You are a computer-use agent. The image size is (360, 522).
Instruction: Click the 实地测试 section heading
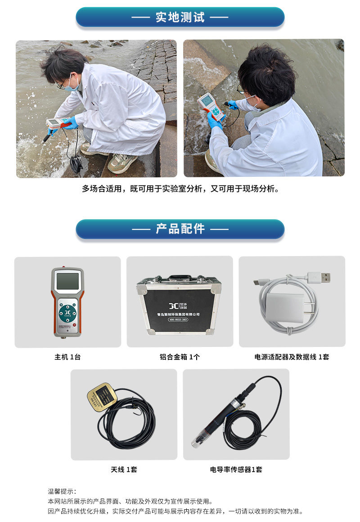click(x=180, y=18)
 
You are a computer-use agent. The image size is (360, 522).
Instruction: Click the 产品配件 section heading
click(x=180, y=229)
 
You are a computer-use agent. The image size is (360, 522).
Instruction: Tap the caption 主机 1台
click(x=67, y=357)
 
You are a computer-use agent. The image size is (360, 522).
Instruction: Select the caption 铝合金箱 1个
click(x=180, y=357)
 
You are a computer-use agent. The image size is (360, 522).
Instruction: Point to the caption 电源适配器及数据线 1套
click(x=292, y=357)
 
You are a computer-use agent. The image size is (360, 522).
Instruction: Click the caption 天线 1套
click(x=124, y=469)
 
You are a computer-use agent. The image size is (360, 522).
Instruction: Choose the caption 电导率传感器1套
click(x=236, y=469)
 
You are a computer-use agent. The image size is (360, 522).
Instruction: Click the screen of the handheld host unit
click(x=67, y=282)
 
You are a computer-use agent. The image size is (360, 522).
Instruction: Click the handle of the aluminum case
click(x=179, y=277)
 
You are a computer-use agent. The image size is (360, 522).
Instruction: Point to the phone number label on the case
click(x=178, y=319)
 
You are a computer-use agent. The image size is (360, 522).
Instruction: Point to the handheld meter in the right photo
click(x=211, y=107)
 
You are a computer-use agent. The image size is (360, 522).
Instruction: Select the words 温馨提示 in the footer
click(x=62, y=491)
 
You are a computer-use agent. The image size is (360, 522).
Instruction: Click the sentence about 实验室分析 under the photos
click(x=180, y=189)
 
